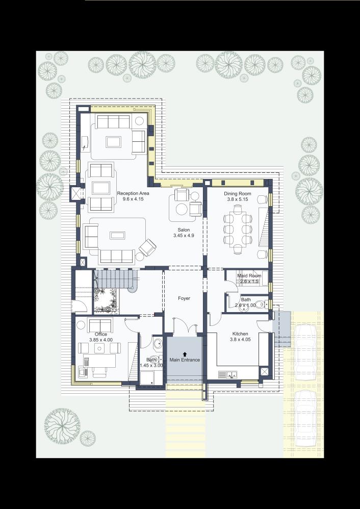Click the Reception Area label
133,193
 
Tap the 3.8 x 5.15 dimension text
238,200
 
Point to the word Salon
181,230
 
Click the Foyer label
184,298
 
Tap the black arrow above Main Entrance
185,353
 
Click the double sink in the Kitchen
229,375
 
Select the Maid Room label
249,276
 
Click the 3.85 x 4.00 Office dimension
100,340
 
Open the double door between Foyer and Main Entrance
184,326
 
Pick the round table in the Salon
183,209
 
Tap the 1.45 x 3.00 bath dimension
151,365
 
